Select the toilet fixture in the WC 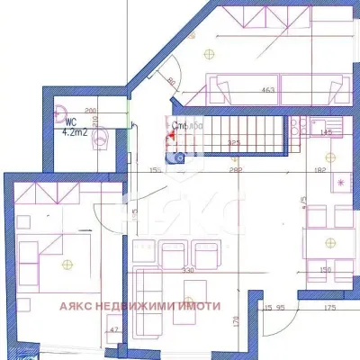click(103, 136)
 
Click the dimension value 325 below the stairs click(234, 143)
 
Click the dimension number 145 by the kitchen click(326, 133)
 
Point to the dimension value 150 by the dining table click(320, 268)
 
